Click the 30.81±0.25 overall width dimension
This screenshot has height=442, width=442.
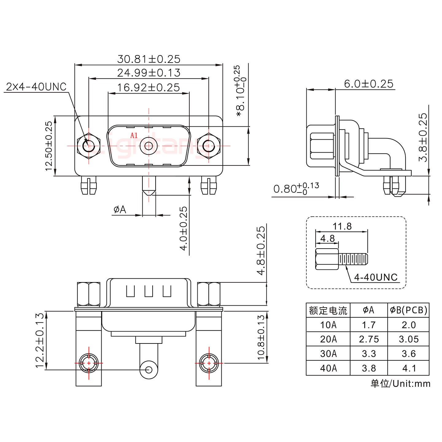[x=149, y=59]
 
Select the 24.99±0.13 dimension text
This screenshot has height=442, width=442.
[x=149, y=73]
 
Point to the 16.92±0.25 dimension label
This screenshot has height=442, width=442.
[x=149, y=87]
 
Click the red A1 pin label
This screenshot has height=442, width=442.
[x=134, y=135]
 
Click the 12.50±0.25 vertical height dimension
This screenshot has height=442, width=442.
[x=49, y=146]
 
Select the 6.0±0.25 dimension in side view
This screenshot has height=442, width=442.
[x=368, y=83]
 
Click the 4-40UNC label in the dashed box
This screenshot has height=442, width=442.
[x=376, y=277]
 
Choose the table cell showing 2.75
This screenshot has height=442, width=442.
[x=369, y=339]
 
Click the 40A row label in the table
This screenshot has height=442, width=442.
[x=328, y=368]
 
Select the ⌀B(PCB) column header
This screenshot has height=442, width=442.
[x=409, y=310]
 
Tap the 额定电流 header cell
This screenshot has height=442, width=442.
[x=328, y=311]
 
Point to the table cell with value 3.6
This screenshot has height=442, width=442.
[x=409, y=354]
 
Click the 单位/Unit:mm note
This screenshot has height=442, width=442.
[x=400, y=383]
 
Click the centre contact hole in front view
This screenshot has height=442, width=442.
[x=149, y=146]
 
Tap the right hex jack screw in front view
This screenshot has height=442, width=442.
[x=209, y=145]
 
